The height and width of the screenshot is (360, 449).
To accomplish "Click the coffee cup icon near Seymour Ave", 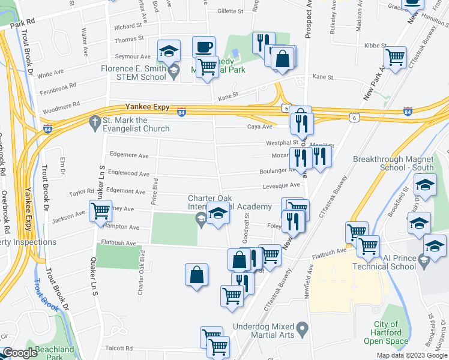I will click(203, 47).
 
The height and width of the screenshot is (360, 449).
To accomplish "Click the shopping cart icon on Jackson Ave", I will click(100, 211).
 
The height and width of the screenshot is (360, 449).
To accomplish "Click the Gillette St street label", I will click(230, 11).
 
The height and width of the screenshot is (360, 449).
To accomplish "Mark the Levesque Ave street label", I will click(280, 186).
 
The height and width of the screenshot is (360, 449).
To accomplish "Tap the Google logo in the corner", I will click(20, 353).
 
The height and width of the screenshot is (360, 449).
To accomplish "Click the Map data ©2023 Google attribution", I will click(412, 356).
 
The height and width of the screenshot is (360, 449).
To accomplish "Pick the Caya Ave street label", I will click(259, 127).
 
